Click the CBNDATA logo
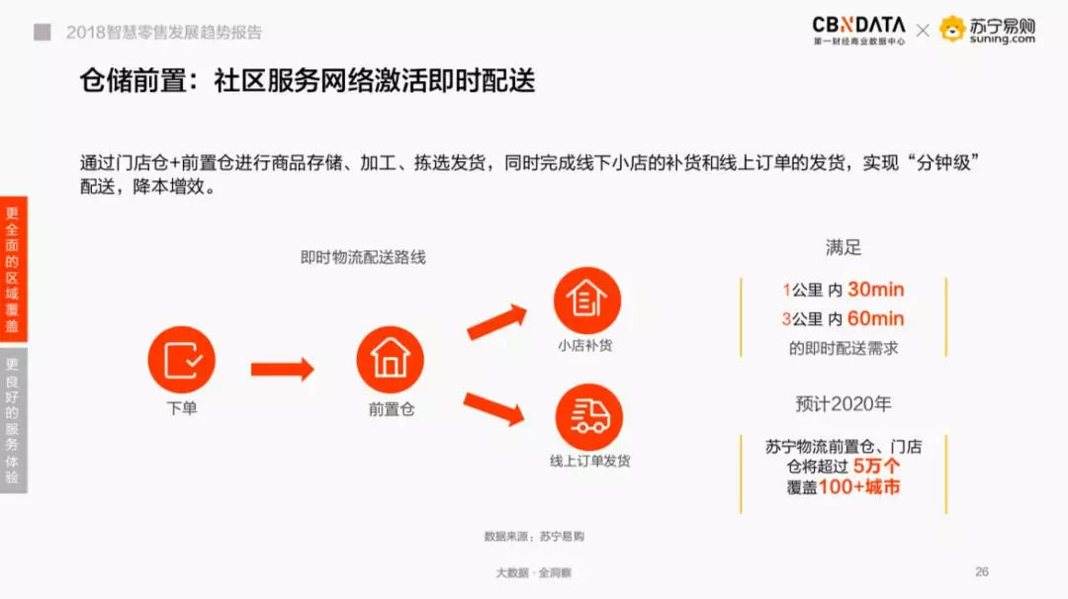[858, 30]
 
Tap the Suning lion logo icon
[952, 30]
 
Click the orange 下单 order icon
[181, 360]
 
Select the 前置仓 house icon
[390, 360]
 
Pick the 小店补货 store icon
[586, 299]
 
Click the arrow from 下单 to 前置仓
[282, 370]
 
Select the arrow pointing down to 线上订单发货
[493, 407]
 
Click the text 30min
[875, 290]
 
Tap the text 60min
[875, 318]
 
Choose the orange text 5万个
[876, 466]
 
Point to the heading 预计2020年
[843, 404]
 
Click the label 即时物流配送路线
[363, 257]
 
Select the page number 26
[981, 571]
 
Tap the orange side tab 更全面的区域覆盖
[13, 269]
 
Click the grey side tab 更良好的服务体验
[13, 419]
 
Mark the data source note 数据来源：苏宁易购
[534, 536]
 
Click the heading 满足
[843, 247]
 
